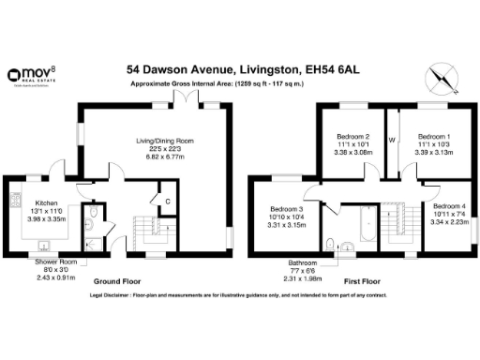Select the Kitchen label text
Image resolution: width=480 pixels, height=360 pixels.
pyautogui.click(x=47, y=202)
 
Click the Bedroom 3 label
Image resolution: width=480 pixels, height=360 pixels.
pyautogui.click(x=287, y=209)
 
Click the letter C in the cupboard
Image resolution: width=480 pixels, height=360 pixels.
pyautogui.click(x=167, y=201)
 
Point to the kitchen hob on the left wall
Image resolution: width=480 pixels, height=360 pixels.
pyautogui.click(x=15, y=200)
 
